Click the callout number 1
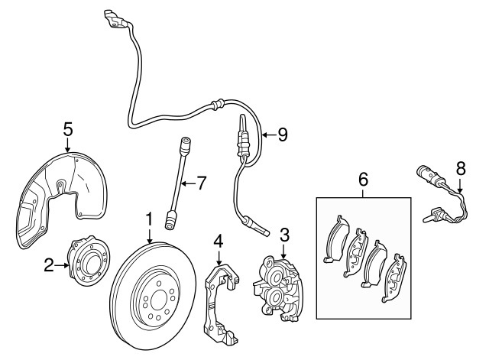click(149, 220)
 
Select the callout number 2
click(48, 265)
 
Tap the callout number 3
click(283, 234)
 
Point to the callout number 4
click(219, 241)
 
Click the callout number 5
click(67, 129)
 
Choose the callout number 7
click(201, 183)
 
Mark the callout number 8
click(460, 166)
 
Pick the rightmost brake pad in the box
click(396, 279)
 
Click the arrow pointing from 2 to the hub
click(61, 265)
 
